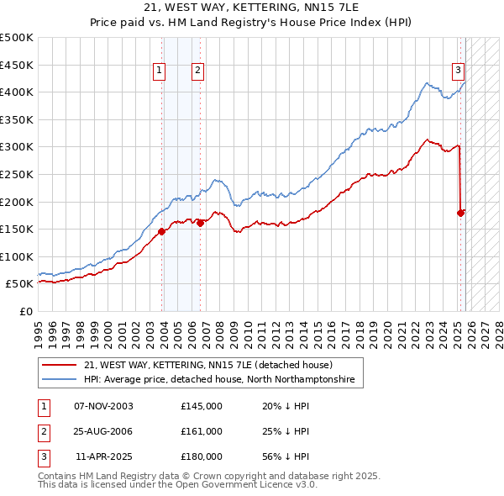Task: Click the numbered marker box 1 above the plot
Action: pos(159,71)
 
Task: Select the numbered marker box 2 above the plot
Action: pos(197,71)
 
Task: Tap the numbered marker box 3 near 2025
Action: pos(459,71)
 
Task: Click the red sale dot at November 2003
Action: pos(161,232)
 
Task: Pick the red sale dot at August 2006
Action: pos(200,223)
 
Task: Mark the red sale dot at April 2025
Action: pos(460,213)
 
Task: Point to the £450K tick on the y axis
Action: pos(17,65)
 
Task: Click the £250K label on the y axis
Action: pos(17,174)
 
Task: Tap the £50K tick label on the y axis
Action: pos(20,284)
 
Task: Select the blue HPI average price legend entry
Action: pos(219,380)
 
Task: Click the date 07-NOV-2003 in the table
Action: pos(103,406)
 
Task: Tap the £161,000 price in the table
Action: pos(201,431)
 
